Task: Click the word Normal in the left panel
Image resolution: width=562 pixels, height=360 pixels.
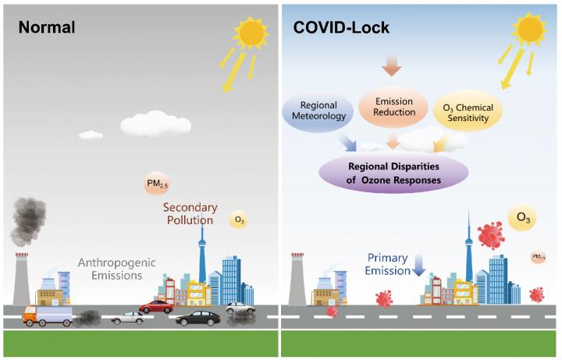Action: point(46,27)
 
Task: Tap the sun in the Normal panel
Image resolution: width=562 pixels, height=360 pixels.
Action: point(251,32)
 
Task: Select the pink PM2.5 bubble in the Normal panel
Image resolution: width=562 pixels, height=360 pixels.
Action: point(155,184)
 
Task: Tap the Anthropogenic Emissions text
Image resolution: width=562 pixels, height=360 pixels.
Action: point(115,268)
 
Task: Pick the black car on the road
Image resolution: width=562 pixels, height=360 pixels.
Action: point(197,318)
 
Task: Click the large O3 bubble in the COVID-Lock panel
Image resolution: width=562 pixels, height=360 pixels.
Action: point(521,219)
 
